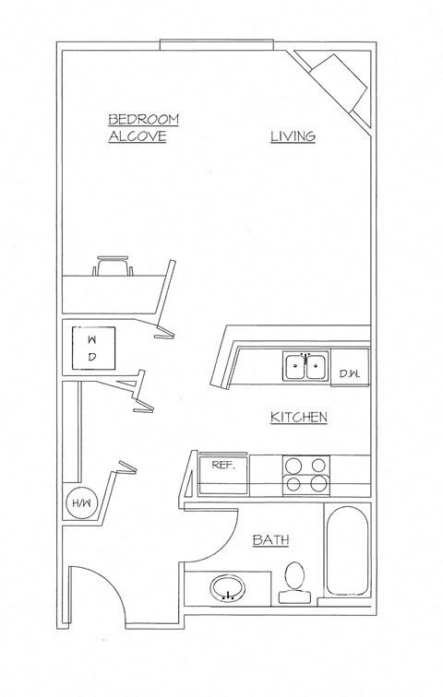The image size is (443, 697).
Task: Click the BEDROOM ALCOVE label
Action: click(143, 128)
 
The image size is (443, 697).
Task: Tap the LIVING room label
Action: click(293, 136)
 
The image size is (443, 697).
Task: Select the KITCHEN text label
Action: click(298, 418)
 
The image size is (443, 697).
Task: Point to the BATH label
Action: click(270, 540)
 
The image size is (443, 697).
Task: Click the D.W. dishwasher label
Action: click(348, 373)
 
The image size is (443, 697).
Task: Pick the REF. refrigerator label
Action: click(223, 465)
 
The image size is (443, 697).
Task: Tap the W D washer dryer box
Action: click(91, 347)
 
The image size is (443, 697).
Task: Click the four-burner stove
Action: click(305, 473)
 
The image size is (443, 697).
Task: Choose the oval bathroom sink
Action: click(228, 587)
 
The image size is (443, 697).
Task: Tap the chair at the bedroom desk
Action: click(112, 266)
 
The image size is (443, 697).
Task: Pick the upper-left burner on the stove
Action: click(293, 465)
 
